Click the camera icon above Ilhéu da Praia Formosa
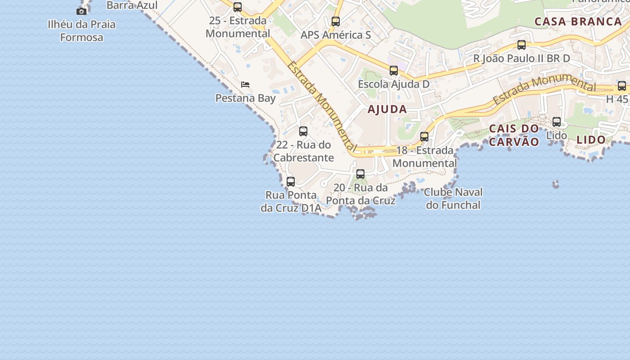(81, 11)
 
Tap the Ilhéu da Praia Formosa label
(81, 31)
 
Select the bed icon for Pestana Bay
(245, 84)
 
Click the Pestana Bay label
(245, 98)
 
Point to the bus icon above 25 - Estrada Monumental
(238, 7)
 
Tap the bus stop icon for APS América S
(336, 22)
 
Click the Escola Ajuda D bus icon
(394, 71)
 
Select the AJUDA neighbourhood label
(387, 109)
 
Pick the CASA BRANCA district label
(578, 22)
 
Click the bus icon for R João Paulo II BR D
(522, 45)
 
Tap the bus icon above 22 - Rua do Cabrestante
(303, 131)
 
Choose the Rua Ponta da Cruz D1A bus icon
(291, 182)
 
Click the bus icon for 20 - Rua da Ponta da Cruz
(360, 174)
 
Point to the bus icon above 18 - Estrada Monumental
(424, 137)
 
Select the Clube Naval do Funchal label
(453, 198)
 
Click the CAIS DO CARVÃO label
(514, 135)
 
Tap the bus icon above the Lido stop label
(557, 122)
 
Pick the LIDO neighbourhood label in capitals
(591, 140)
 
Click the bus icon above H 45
(622, 86)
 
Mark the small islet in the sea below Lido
(556, 184)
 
